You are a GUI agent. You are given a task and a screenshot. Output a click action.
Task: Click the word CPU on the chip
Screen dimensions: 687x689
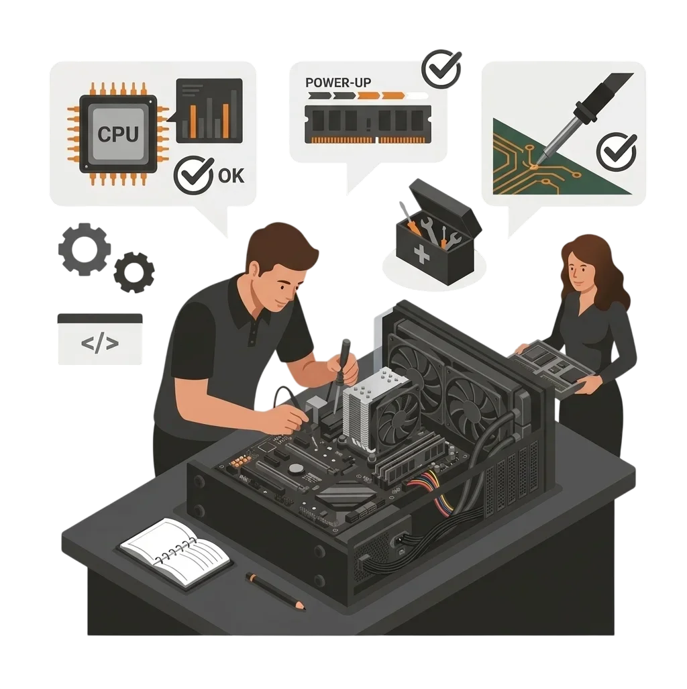[118, 134]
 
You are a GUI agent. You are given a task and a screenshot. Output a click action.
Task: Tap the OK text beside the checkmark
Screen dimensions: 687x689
[231, 176]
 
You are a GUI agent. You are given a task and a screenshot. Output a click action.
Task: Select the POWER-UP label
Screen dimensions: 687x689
[338, 82]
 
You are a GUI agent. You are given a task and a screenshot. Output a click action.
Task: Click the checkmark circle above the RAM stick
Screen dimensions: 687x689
[441, 69]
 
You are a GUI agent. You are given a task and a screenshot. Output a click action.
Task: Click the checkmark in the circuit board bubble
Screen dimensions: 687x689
[617, 152]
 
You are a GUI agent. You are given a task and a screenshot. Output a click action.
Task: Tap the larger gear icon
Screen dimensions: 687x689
[85, 249]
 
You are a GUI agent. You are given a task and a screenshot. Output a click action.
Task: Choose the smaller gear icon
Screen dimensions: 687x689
[134, 272]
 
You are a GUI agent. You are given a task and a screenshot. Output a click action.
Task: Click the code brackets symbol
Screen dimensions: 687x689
[100, 343]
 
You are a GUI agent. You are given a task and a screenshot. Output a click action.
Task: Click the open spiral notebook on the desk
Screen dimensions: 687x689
[175, 551]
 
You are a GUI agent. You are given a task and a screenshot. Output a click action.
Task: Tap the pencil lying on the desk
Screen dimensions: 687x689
[276, 591]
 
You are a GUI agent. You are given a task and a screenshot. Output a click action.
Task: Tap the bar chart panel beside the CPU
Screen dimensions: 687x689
[209, 111]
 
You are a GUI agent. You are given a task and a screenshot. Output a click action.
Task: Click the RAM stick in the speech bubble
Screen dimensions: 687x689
[368, 124]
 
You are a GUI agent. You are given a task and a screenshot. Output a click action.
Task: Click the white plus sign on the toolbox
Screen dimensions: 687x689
[421, 254]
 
